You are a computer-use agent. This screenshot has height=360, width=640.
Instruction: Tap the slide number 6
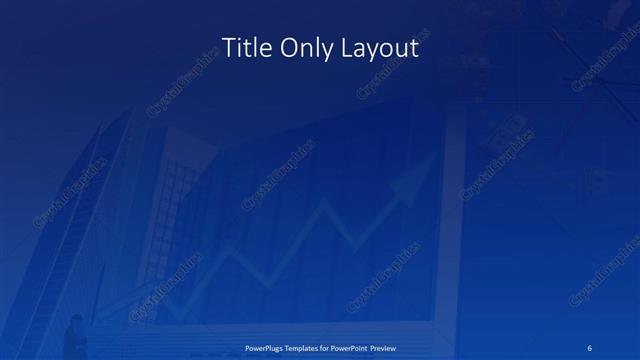pos(591,348)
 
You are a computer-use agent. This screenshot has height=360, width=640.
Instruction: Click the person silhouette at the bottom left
pos(74,334)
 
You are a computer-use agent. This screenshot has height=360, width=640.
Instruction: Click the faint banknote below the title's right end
pos(505,126)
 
